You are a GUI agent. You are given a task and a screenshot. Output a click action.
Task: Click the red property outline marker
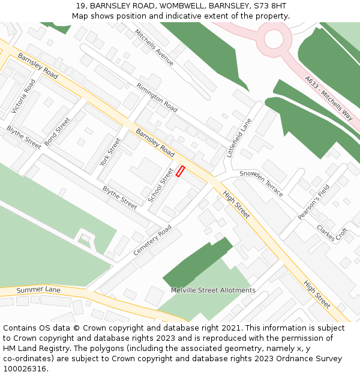[180, 171]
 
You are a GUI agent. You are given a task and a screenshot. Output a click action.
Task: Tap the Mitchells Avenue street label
[154, 47]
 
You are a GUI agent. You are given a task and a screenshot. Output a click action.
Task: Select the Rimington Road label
[157, 98]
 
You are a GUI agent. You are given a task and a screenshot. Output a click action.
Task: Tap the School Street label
[160, 185]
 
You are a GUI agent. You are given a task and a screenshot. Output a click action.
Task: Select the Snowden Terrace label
[261, 182]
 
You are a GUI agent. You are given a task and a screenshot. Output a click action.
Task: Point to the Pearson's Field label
[314, 202]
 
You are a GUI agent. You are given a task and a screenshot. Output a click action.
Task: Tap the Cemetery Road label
[152, 240]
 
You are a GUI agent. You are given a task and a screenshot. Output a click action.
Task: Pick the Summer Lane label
[38, 290]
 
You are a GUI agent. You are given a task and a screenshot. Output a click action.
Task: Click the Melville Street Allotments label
[213, 290]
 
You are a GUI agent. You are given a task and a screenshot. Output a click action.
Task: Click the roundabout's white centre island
[274, 40]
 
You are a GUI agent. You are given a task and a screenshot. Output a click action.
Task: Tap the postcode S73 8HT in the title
[269, 5]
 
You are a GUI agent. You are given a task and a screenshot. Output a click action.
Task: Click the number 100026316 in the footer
[25, 368]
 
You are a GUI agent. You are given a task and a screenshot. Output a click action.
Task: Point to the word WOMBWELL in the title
[178, 5]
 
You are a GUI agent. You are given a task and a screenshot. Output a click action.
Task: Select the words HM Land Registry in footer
[31, 348]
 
